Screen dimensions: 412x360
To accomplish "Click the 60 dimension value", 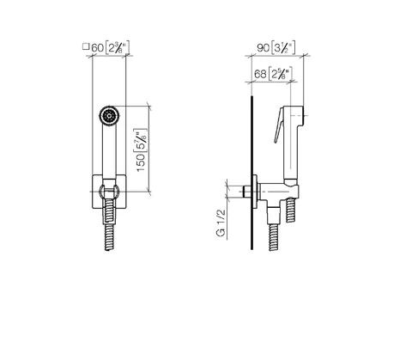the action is [97, 47].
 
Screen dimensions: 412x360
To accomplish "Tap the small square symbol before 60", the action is [86, 46].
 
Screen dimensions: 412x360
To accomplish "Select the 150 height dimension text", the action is [141, 162].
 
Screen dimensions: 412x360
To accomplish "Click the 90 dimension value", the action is [263, 47].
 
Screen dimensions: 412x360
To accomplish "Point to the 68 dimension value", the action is [260, 74].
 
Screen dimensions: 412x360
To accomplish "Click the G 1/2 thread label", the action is [221, 223].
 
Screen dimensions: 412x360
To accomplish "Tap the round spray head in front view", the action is [110, 116].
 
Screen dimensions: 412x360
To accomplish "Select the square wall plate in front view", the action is [109, 192].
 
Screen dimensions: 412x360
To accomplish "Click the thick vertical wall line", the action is [251, 173].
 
